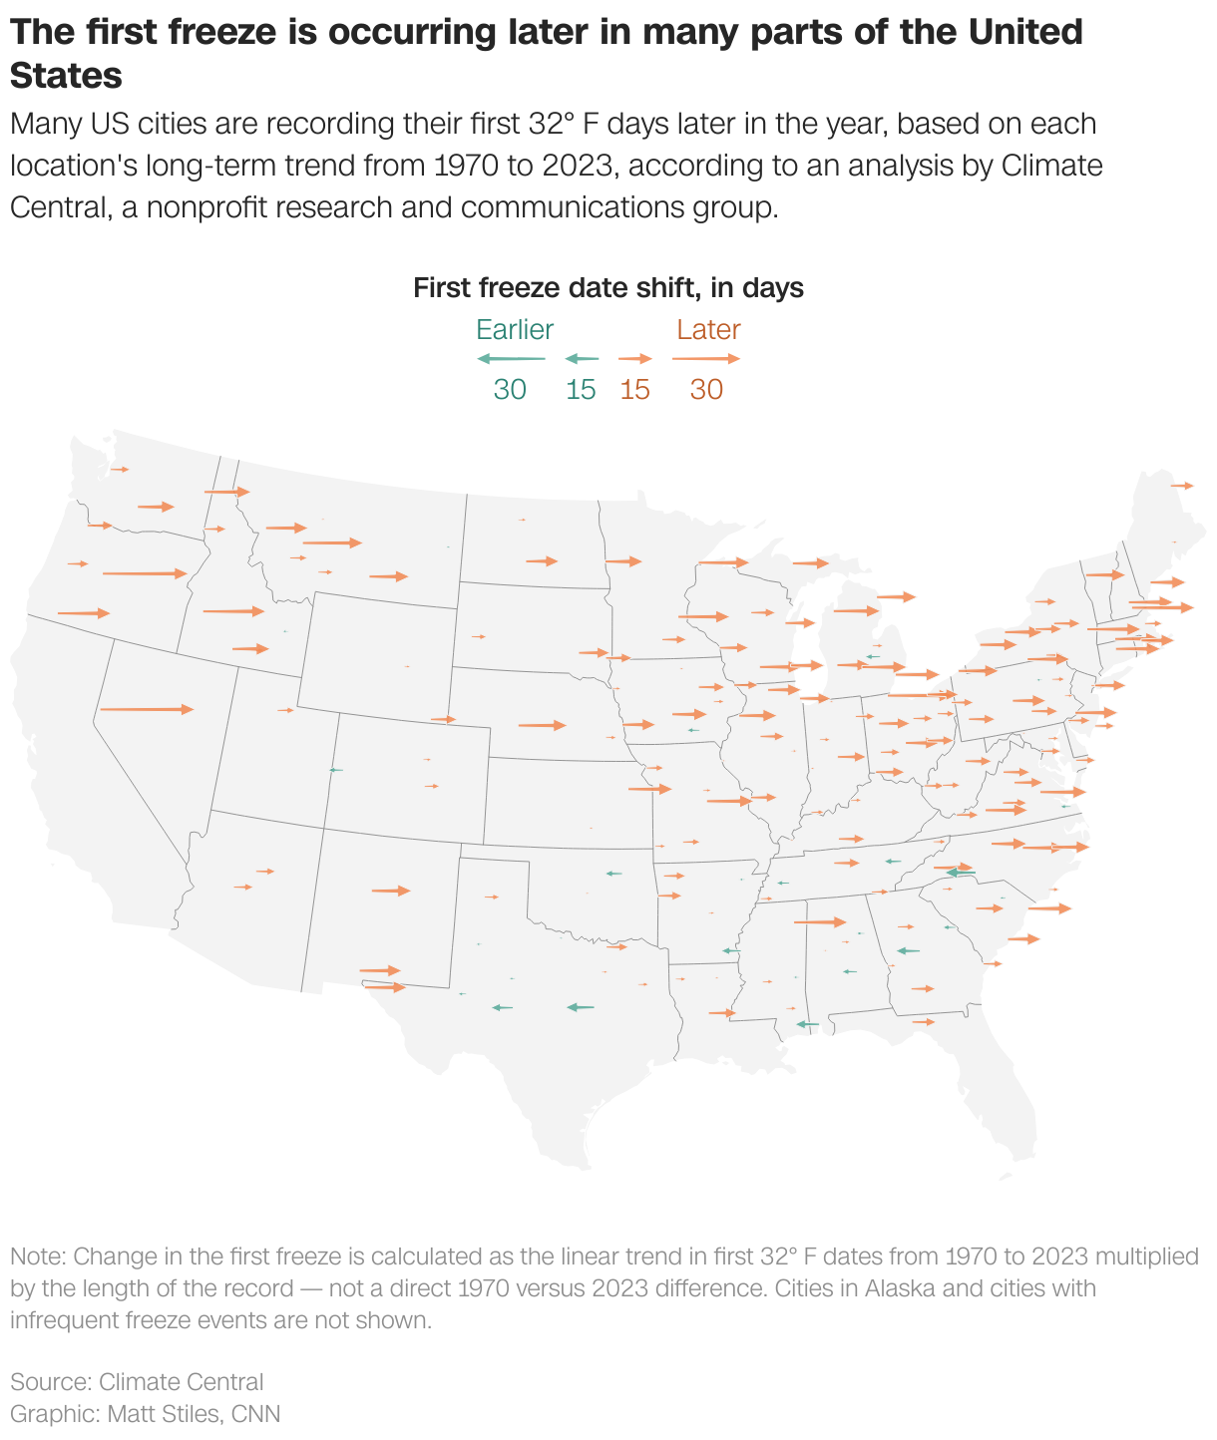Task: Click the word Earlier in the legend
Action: tap(514, 329)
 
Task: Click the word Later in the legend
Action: tap(708, 329)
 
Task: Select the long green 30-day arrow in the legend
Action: tap(511, 358)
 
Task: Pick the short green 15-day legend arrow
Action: tap(582, 358)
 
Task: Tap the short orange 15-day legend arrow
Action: tap(635, 358)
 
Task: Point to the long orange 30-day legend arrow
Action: tap(706, 358)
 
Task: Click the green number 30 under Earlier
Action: tap(510, 389)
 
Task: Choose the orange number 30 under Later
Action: tap(706, 389)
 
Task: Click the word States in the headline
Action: tap(67, 76)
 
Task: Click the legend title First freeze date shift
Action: tap(608, 288)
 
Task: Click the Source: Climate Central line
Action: tap(137, 1381)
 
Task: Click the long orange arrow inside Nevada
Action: tap(147, 709)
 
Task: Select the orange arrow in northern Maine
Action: tap(1182, 486)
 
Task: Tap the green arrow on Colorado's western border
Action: tap(336, 770)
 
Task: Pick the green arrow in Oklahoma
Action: tap(613, 874)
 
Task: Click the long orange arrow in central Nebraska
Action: tap(542, 725)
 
